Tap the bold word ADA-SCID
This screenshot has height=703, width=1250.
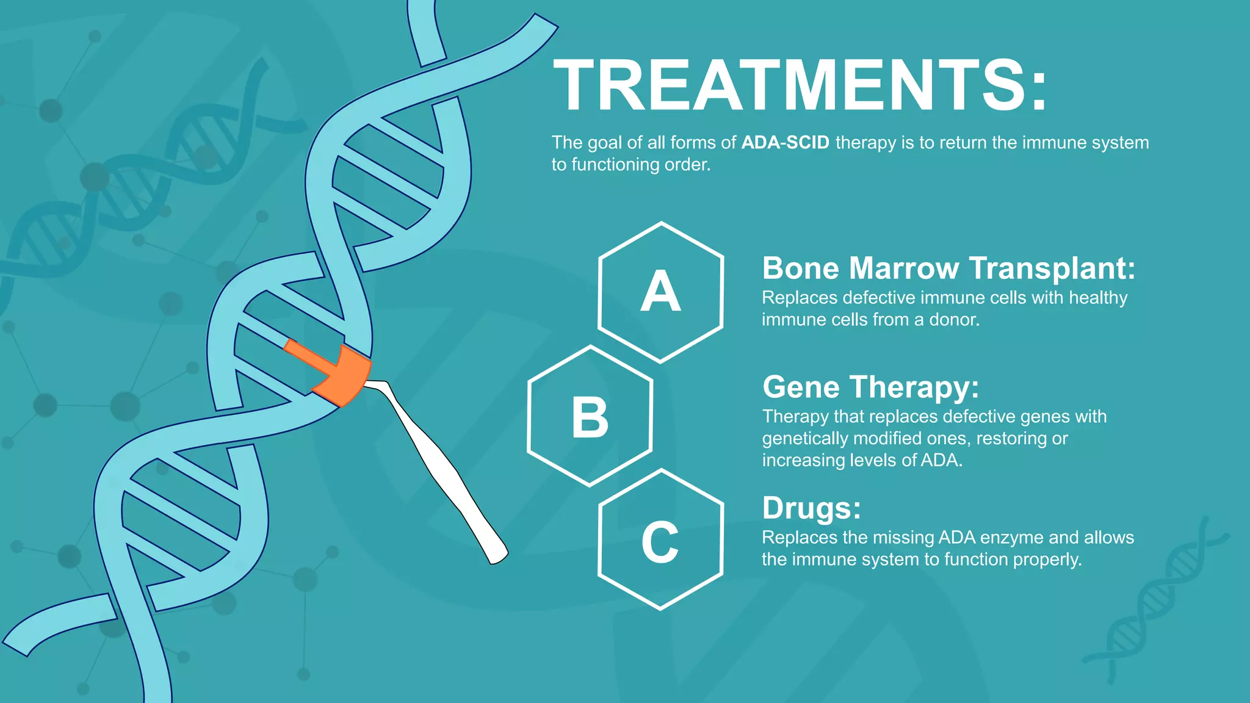click(785, 143)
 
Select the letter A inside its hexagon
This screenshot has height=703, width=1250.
click(660, 292)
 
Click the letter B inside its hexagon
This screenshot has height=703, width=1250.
click(590, 417)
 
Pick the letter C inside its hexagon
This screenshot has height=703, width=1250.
click(660, 542)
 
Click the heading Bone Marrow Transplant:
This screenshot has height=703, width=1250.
click(948, 269)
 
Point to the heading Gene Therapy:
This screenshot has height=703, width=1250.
click(870, 387)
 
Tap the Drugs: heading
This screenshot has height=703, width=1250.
click(811, 508)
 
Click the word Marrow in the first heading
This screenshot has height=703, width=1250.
click(904, 269)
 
